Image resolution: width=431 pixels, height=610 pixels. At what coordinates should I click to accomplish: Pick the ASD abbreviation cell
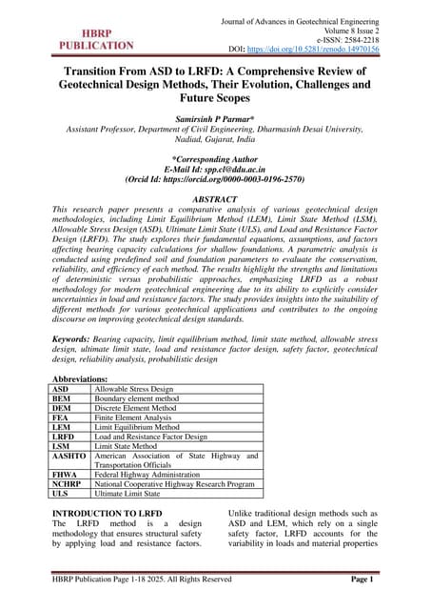pos(60,390)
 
